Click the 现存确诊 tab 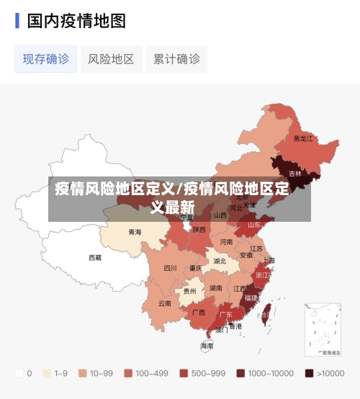[46, 59]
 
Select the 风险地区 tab [111, 59]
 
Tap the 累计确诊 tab [176, 59]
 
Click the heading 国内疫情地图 [76, 21]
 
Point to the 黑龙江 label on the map [303, 138]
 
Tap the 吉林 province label [295, 174]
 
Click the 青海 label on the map [135, 232]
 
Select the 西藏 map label [95, 257]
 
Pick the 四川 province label [170, 268]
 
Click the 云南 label [165, 303]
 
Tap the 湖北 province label [220, 261]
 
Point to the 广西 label [199, 313]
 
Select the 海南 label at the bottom [207, 346]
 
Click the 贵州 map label [189, 291]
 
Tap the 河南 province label [226, 242]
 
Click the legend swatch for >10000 [309, 373]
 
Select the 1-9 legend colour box [47, 373]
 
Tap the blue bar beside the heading [17, 21]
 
